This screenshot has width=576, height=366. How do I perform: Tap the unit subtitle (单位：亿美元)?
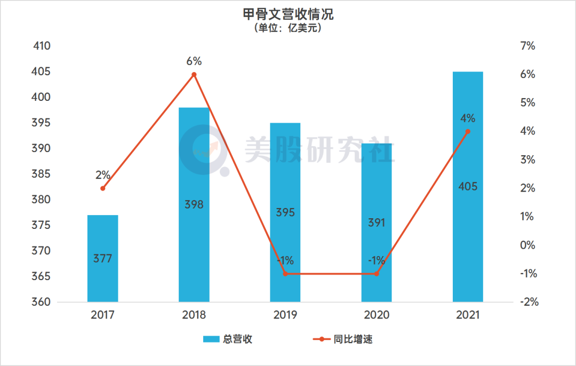pyautogui.click(x=288, y=28)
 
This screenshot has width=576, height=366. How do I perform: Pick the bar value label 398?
pyautogui.click(x=194, y=204)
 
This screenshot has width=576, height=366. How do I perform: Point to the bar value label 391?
pyautogui.click(x=377, y=223)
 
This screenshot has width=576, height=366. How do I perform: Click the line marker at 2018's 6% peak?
pyautogui.click(x=194, y=75)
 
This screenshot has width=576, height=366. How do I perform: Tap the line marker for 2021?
pyautogui.click(x=468, y=131)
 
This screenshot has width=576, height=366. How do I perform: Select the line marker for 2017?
pyautogui.click(x=103, y=188)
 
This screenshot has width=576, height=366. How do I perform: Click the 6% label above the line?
pyautogui.click(x=194, y=61)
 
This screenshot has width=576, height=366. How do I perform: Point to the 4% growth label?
pyautogui.click(x=468, y=118)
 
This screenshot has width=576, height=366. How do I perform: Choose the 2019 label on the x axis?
pyautogui.click(x=285, y=315)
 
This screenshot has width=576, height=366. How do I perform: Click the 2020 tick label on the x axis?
pyautogui.click(x=377, y=315)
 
